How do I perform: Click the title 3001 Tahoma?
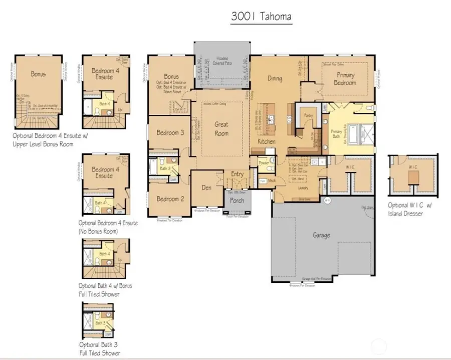click(x=261, y=16)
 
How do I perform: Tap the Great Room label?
click(x=221, y=129)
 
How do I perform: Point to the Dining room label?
click(x=275, y=78)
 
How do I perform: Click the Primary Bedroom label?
click(x=346, y=79)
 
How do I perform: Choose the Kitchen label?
click(x=267, y=142)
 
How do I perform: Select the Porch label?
click(x=237, y=200)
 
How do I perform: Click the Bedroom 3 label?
click(x=170, y=133)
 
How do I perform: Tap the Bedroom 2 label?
click(x=170, y=199)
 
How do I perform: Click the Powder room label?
click(x=264, y=163)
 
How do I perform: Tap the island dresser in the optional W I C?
click(x=413, y=177)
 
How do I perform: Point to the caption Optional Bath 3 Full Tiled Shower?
click(x=100, y=348)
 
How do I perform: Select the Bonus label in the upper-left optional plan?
click(x=38, y=74)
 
